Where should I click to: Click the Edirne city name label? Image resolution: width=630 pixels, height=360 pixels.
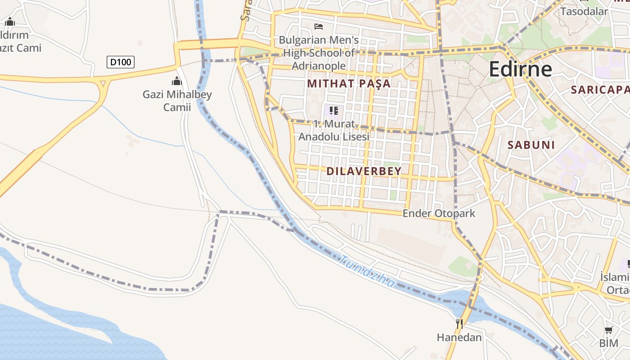[x=520, y=69]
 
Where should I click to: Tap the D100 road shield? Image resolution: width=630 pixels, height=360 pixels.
[x=121, y=62]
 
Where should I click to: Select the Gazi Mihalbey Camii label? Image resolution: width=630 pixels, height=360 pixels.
[x=177, y=101]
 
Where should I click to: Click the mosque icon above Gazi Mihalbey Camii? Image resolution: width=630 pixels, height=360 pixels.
[x=177, y=81]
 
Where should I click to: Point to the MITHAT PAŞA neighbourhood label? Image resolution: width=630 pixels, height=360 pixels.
[x=349, y=83]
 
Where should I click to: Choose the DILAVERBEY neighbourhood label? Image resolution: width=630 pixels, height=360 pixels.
[x=364, y=171]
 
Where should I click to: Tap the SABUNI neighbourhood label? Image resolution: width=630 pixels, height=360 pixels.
[x=531, y=145]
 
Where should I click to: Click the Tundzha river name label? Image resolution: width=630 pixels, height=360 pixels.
[x=368, y=271]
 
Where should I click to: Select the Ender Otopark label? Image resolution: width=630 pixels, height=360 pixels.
[x=439, y=213]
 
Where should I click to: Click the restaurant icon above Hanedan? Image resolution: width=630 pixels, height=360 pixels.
[x=459, y=324]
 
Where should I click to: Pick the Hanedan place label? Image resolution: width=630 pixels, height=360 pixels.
[x=459, y=337]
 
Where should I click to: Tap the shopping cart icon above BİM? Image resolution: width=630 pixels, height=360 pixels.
[x=608, y=330]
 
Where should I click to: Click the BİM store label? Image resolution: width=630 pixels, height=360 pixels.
[x=608, y=343]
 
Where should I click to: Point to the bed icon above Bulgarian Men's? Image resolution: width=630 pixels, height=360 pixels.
[x=319, y=27]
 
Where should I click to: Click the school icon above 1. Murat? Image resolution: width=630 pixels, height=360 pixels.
[x=333, y=110]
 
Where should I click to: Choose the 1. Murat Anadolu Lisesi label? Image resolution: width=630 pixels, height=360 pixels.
[x=334, y=130]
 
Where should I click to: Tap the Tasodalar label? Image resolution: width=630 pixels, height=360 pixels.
[x=584, y=11]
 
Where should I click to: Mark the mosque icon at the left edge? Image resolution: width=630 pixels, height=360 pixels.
[x=10, y=22]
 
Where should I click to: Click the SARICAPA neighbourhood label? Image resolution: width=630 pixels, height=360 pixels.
[x=600, y=90]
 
